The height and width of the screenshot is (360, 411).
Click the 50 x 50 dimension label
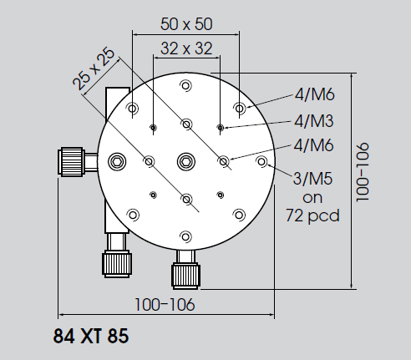(186, 24)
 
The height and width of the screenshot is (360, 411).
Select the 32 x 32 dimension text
(186, 48)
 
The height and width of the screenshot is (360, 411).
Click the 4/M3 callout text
(314, 121)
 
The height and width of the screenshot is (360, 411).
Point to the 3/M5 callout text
(312, 179)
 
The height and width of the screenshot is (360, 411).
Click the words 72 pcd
(312, 215)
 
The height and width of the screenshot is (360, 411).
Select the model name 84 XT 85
(91, 336)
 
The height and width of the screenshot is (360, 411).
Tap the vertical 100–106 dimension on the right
(362, 172)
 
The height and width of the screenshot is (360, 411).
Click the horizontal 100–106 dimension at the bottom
(165, 305)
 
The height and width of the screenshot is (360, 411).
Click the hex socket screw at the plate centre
(186, 161)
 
